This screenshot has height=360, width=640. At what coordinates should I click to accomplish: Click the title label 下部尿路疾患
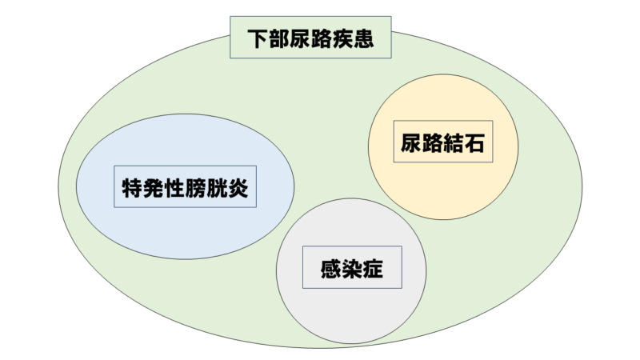pos(311,38)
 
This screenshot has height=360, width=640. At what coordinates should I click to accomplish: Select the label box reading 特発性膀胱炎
pos(186,188)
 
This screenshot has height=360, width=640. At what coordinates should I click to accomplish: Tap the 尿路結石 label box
pos(442,145)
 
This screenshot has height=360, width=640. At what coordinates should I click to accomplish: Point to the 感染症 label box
pos(351,269)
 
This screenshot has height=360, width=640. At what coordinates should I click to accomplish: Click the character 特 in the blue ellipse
pos(132,188)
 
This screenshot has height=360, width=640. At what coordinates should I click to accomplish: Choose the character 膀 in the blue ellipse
pos(197,188)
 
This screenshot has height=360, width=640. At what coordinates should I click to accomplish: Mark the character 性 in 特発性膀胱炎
pos(175,188)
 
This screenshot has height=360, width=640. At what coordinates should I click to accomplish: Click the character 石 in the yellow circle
pos(475,145)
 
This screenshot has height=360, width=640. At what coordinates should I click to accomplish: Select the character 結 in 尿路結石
pos(454,145)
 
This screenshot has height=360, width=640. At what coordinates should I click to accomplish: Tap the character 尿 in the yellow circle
pos(410,145)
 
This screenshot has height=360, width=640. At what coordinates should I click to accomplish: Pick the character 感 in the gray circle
pos(330,269)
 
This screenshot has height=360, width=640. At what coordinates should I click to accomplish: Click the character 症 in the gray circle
pos(373,269)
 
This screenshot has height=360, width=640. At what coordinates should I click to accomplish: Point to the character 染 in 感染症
pos(351,269)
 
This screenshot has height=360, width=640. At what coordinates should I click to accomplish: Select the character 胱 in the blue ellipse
pos(218,188)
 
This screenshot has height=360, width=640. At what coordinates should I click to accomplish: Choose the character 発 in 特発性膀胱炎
pos(154,188)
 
